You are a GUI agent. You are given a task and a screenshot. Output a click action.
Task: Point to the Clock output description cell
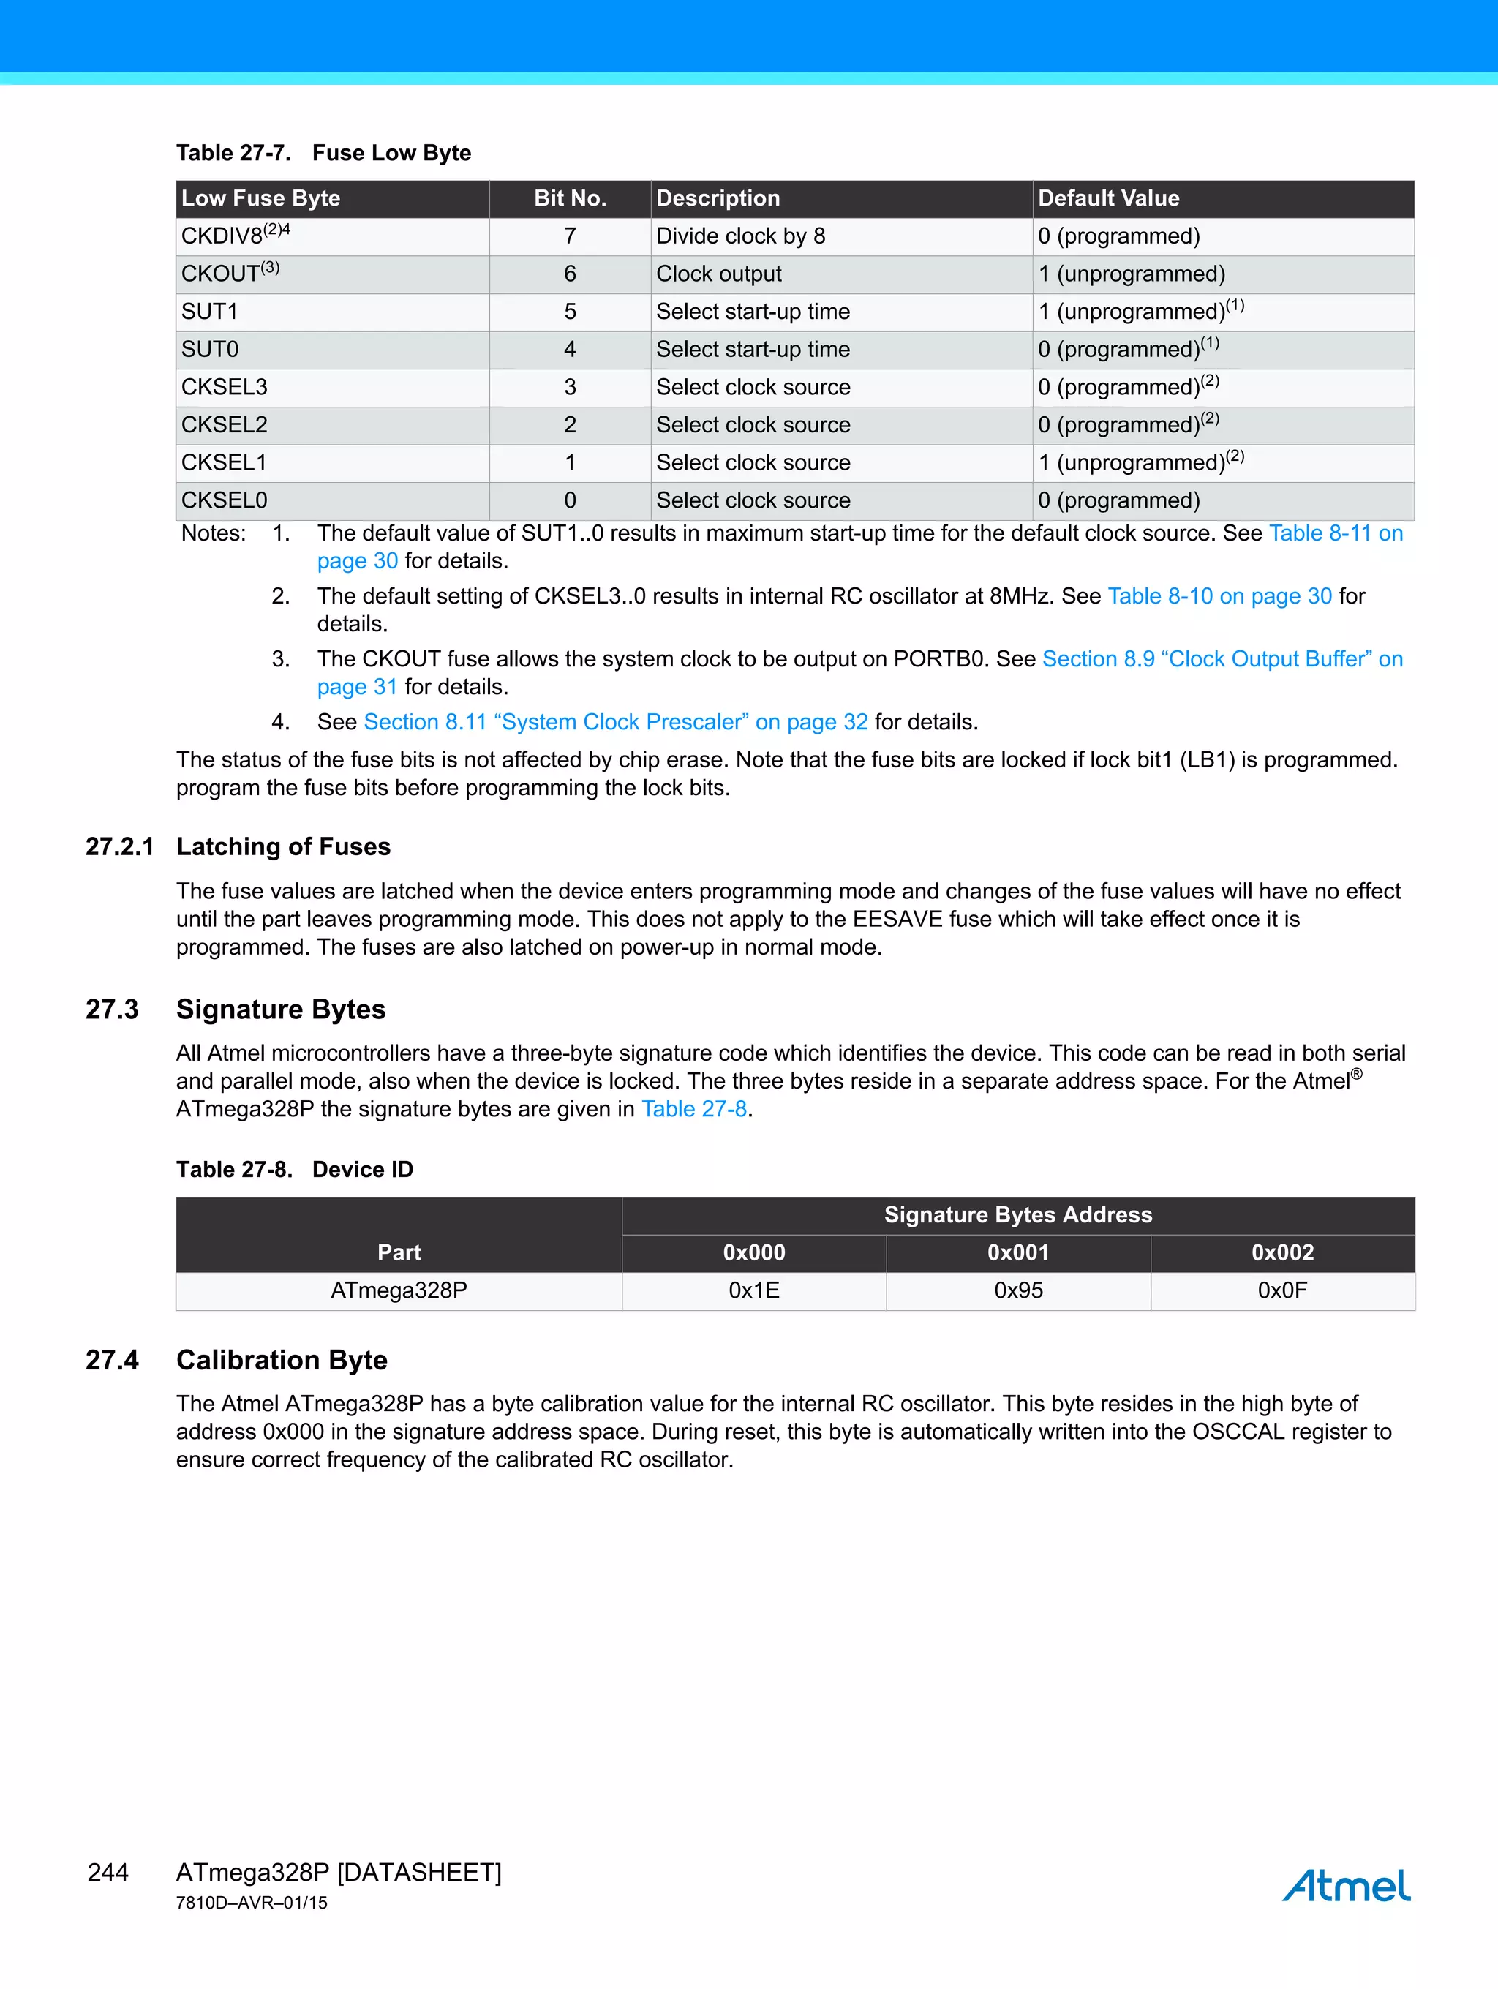718,274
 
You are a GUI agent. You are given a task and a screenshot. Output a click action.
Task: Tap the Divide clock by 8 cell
740,236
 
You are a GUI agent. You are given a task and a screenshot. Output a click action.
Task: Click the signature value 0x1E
753,1290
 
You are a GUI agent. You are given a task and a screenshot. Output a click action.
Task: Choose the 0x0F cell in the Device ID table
1282,1290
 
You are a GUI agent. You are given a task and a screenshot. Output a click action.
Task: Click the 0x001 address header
1018,1252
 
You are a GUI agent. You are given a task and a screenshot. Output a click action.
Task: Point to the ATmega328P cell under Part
399,1290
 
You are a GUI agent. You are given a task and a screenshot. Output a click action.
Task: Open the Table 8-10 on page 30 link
1219,596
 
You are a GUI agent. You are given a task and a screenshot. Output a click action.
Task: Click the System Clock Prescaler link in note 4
616,722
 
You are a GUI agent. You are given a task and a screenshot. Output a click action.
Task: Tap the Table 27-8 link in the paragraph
693,1109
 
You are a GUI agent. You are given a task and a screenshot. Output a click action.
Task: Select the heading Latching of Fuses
283,846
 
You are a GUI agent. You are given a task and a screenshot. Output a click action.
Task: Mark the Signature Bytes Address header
1018,1215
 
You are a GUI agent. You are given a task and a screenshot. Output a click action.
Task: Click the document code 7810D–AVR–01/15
252,1903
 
